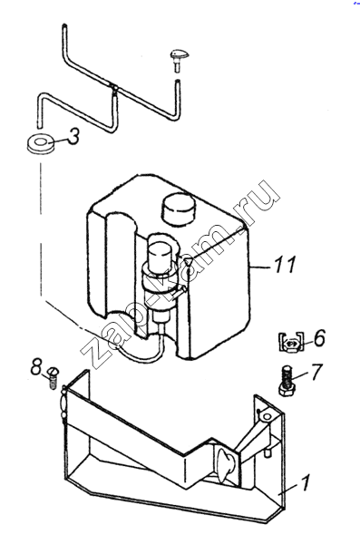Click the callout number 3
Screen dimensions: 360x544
(73, 136)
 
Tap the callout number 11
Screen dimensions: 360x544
(285, 265)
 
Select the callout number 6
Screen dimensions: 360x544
(320, 337)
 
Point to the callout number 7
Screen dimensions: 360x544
(316, 372)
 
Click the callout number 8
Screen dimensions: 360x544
(36, 366)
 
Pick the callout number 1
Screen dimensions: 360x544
(305, 482)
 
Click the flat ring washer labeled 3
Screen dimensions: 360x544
(41, 143)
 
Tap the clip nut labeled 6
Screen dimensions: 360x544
(291, 342)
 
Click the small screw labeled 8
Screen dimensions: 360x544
(53, 377)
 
